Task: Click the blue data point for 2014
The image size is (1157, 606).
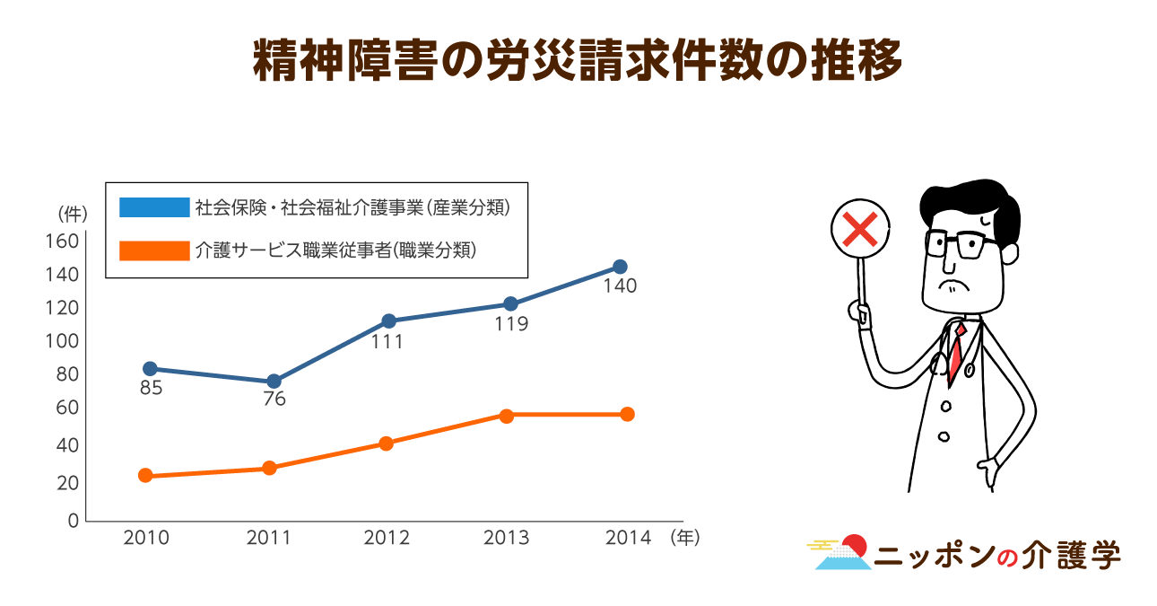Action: tap(620, 267)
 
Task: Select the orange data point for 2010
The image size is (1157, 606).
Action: tap(145, 476)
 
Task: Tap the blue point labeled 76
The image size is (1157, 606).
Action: tap(274, 382)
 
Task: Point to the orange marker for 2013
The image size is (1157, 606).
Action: tap(507, 416)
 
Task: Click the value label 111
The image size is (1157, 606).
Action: tap(387, 342)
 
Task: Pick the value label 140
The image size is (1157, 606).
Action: tap(620, 287)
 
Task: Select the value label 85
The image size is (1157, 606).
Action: tap(151, 390)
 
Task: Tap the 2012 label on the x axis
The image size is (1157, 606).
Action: tap(387, 538)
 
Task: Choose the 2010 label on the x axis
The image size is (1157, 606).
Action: tap(146, 538)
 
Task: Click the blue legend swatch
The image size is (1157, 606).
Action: tap(154, 207)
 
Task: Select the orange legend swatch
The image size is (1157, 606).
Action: tap(154, 250)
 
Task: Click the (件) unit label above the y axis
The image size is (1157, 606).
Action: tap(72, 214)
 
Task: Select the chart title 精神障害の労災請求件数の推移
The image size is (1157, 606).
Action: tap(578, 62)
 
